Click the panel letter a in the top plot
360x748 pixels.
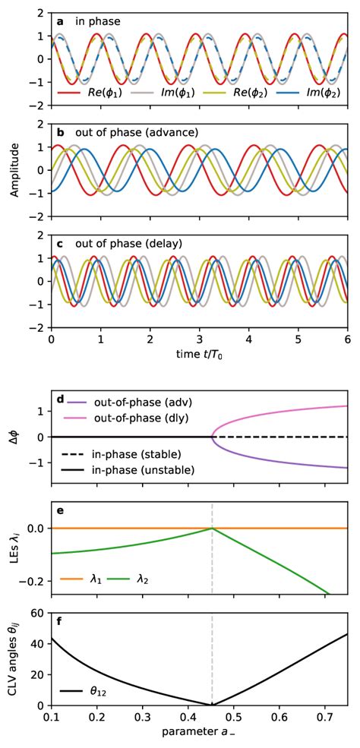[x=60, y=22]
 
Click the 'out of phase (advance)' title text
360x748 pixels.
[x=137, y=132]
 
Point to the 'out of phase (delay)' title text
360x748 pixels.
[x=128, y=244]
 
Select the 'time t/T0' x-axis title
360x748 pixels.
[x=199, y=353]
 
